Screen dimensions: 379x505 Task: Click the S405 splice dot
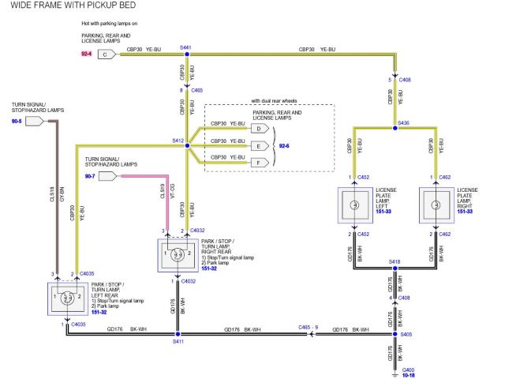pos(395,333)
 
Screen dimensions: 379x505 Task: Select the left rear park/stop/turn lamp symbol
pos(68,298)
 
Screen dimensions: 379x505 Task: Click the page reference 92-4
pos(86,54)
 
